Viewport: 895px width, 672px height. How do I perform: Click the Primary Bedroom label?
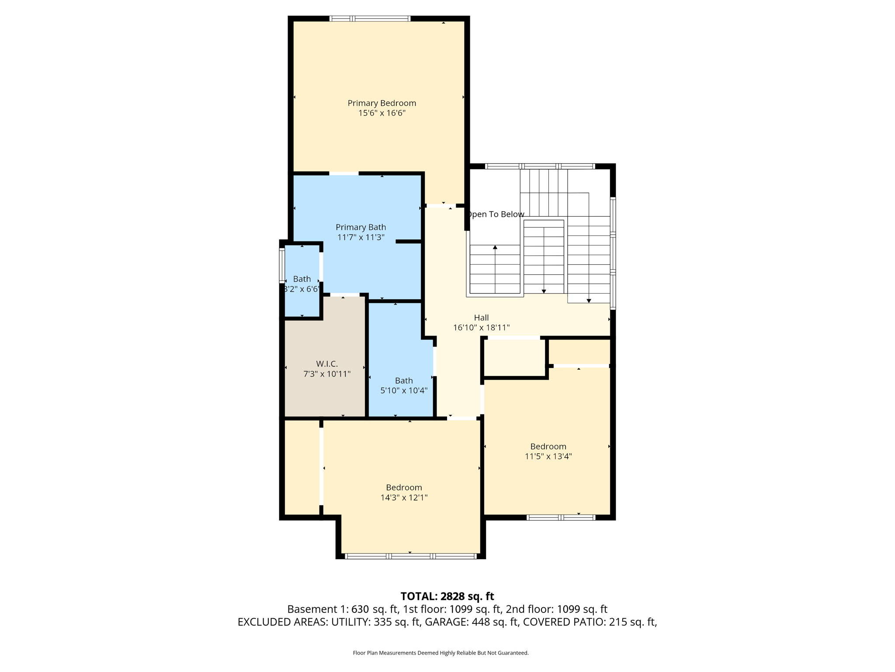[382, 103]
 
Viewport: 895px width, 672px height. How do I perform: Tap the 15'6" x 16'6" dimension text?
[382, 113]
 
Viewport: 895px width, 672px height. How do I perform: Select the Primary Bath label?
[361, 227]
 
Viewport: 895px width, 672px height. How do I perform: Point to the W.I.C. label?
[326, 364]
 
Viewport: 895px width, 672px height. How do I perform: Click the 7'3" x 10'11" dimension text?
[326, 374]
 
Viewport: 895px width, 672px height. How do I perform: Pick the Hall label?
[481, 318]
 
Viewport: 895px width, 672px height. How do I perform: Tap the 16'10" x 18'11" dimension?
[481, 328]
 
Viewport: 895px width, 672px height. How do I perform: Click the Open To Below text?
[496, 214]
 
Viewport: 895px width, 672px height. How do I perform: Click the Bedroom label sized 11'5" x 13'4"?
[548, 447]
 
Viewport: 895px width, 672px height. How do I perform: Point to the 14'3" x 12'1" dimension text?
[403, 497]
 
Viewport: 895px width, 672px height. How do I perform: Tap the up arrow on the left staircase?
[495, 248]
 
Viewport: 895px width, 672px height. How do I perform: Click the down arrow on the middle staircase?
[544, 291]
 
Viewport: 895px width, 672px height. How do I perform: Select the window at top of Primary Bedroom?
[370, 19]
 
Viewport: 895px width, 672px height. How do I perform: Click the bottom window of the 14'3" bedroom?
[410, 556]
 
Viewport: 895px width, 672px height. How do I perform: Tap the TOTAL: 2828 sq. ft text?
[447, 596]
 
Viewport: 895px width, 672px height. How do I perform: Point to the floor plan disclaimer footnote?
[441, 653]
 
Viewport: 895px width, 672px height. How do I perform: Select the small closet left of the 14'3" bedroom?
[302, 467]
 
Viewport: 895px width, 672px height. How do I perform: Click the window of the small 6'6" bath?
[282, 265]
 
